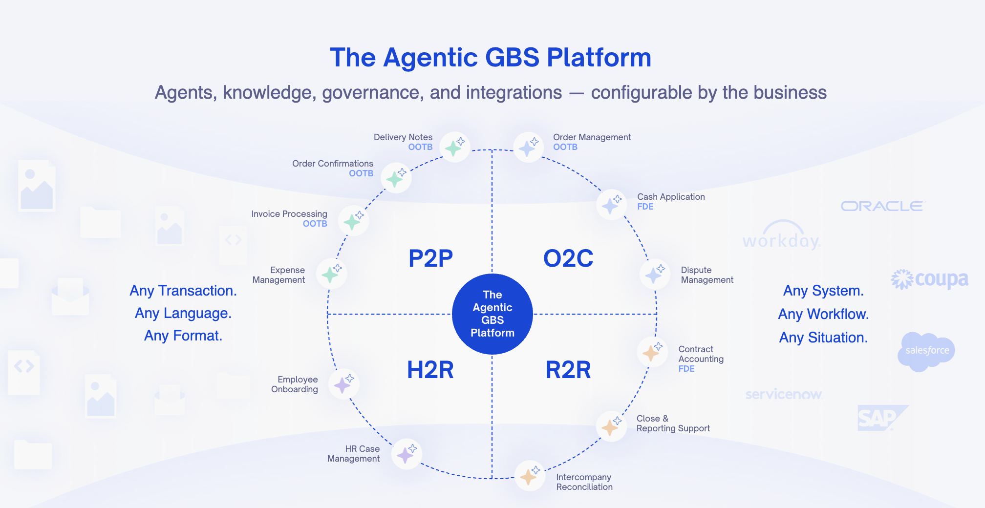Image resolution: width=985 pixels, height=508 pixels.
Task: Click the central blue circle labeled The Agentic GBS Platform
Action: coord(492,314)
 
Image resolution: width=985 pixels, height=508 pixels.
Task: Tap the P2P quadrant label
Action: coord(430,258)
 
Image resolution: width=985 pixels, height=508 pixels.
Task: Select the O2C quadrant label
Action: coord(568,258)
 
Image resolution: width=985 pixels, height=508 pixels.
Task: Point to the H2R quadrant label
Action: coord(430,370)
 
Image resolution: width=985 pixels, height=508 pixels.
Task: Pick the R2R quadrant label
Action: coord(568,370)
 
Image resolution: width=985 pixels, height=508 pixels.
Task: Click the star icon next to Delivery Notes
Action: coord(454,147)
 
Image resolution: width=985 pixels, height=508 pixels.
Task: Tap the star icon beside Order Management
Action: coord(528,147)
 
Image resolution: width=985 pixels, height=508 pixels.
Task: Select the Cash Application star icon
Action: coord(611,205)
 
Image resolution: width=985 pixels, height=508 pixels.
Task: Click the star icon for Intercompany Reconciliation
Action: coord(530,476)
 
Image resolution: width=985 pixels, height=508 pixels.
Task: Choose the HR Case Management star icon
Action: coord(407,454)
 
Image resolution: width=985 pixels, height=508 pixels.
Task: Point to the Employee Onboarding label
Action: coord(295,384)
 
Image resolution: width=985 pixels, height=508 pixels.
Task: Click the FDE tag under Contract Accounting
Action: coord(686,369)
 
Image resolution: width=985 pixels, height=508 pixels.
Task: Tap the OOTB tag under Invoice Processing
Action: coord(315,224)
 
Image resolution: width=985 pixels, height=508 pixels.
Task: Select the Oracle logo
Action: coord(883,206)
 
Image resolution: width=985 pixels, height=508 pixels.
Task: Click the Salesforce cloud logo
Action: coord(926,351)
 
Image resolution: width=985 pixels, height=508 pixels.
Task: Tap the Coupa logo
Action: coord(929,279)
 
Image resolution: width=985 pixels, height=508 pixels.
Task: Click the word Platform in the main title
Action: coord(599,58)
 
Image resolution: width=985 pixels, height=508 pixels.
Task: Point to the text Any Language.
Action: coord(183,313)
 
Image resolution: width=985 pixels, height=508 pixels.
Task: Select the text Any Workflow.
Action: coord(824,314)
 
